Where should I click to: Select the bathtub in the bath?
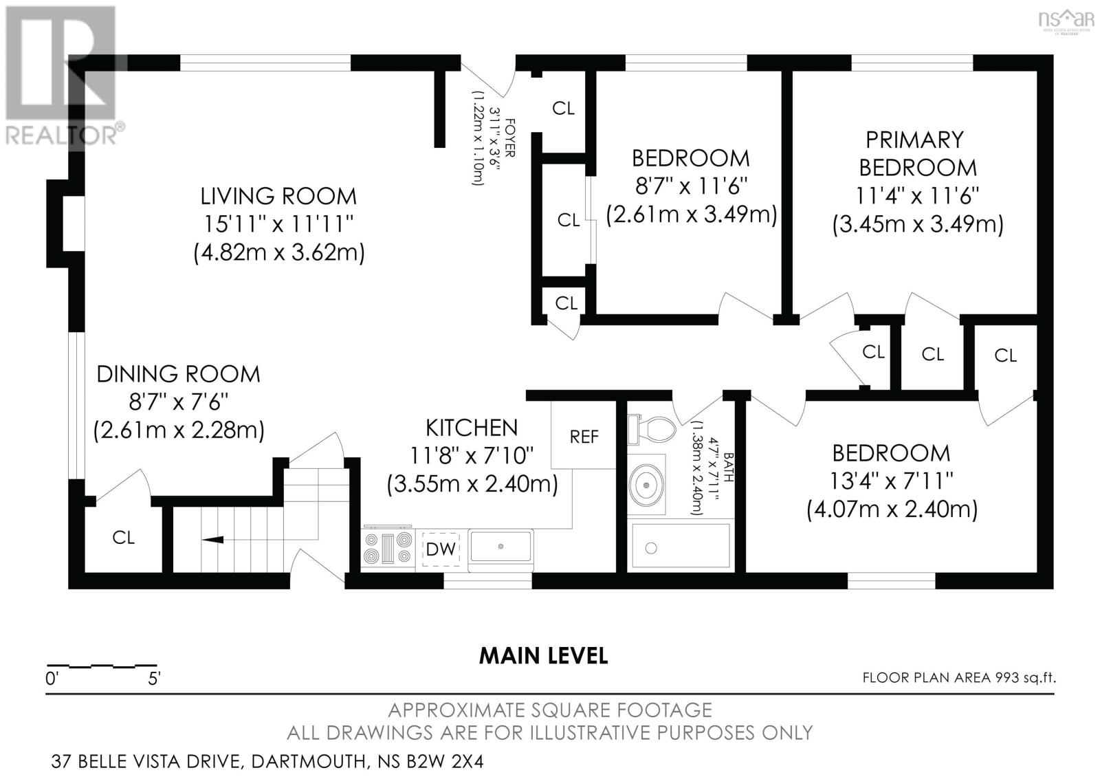click(x=680, y=547)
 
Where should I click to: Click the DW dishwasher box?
click(x=440, y=549)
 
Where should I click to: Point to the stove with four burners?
click(x=388, y=549)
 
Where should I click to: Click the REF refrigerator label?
click(x=584, y=437)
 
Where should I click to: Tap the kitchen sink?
click(x=500, y=546)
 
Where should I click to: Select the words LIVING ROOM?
click(x=278, y=196)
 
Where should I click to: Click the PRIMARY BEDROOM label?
click(x=916, y=154)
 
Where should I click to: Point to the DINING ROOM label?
click(x=178, y=374)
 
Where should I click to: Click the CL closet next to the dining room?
click(x=124, y=537)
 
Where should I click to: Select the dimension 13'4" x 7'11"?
click(x=891, y=481)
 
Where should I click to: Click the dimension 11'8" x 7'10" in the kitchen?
click(x=471, y=455)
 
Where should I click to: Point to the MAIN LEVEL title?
click(x=543, y=655)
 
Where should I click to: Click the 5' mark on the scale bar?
click(x=154, y=679)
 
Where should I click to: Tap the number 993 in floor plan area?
click(x=1007, y=678)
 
